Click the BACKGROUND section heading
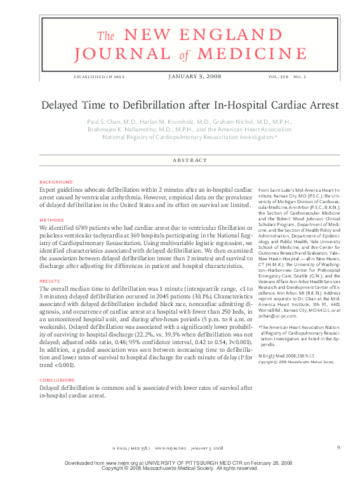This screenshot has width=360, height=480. (x=55, y=182)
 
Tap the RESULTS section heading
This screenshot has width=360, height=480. (x=50, y=280)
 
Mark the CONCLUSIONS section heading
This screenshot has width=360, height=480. (x=57, y=381)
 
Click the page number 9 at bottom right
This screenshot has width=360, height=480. (x=338, y=448)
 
